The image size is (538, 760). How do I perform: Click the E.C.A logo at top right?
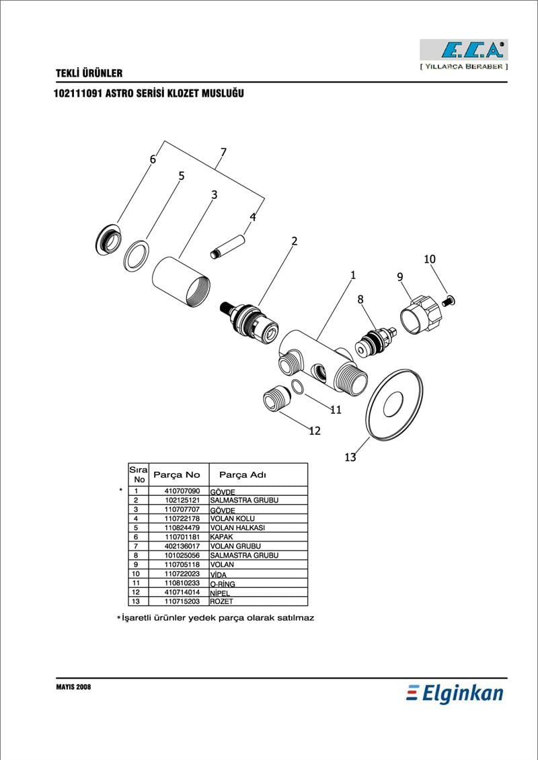pyautogui.click(x=463, y=50)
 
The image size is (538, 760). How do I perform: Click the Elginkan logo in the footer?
pyautogui.click(x=455, y=693)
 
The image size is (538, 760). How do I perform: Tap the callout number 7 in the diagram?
pyautogui.click(x=223, y=153)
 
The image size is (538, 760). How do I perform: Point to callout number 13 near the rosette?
pyautogui.click(x=350, y=458)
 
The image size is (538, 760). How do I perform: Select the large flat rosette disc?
pyautogui.click(x=395, y=404)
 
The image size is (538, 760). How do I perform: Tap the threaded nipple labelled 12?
pyautogui.click(x=274, y=400)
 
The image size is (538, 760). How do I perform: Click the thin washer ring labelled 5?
pyautogui.click(x=137, y=255)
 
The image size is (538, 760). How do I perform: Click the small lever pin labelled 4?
pyautogui.click(x=227, y=245)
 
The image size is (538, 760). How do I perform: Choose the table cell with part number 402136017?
pyautogui.click(x=182, y=546)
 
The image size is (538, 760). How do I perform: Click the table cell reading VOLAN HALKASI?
pyautogui.click(x=237, y=528)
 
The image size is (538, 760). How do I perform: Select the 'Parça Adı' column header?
pyautogui.click(x=248, y=474)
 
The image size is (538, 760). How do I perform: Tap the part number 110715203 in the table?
pyautogui.click(x=182, y=601)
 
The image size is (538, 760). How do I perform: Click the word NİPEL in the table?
pyautogui.click(x=221, y=593)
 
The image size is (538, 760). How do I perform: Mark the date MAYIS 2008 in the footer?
pyautogui.click(x=73, y=687)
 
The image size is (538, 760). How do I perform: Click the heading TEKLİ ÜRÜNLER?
pyautogui.click(x=89, y=73)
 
